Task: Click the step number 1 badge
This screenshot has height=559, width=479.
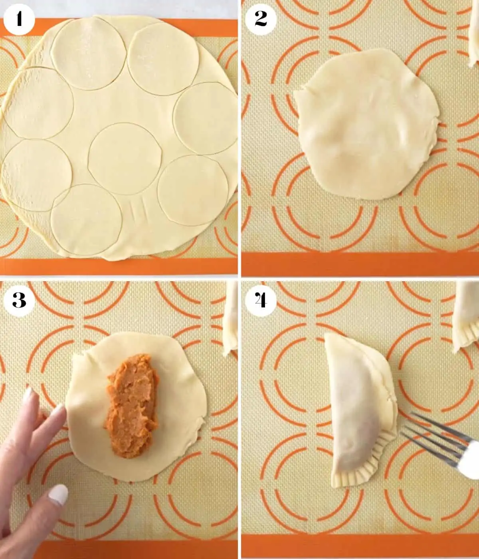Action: pos(19,19)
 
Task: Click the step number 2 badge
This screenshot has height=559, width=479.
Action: pos(261,19)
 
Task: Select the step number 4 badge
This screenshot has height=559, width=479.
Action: pos(261,300)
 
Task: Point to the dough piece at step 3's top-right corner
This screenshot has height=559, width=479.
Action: pos(231,319)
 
